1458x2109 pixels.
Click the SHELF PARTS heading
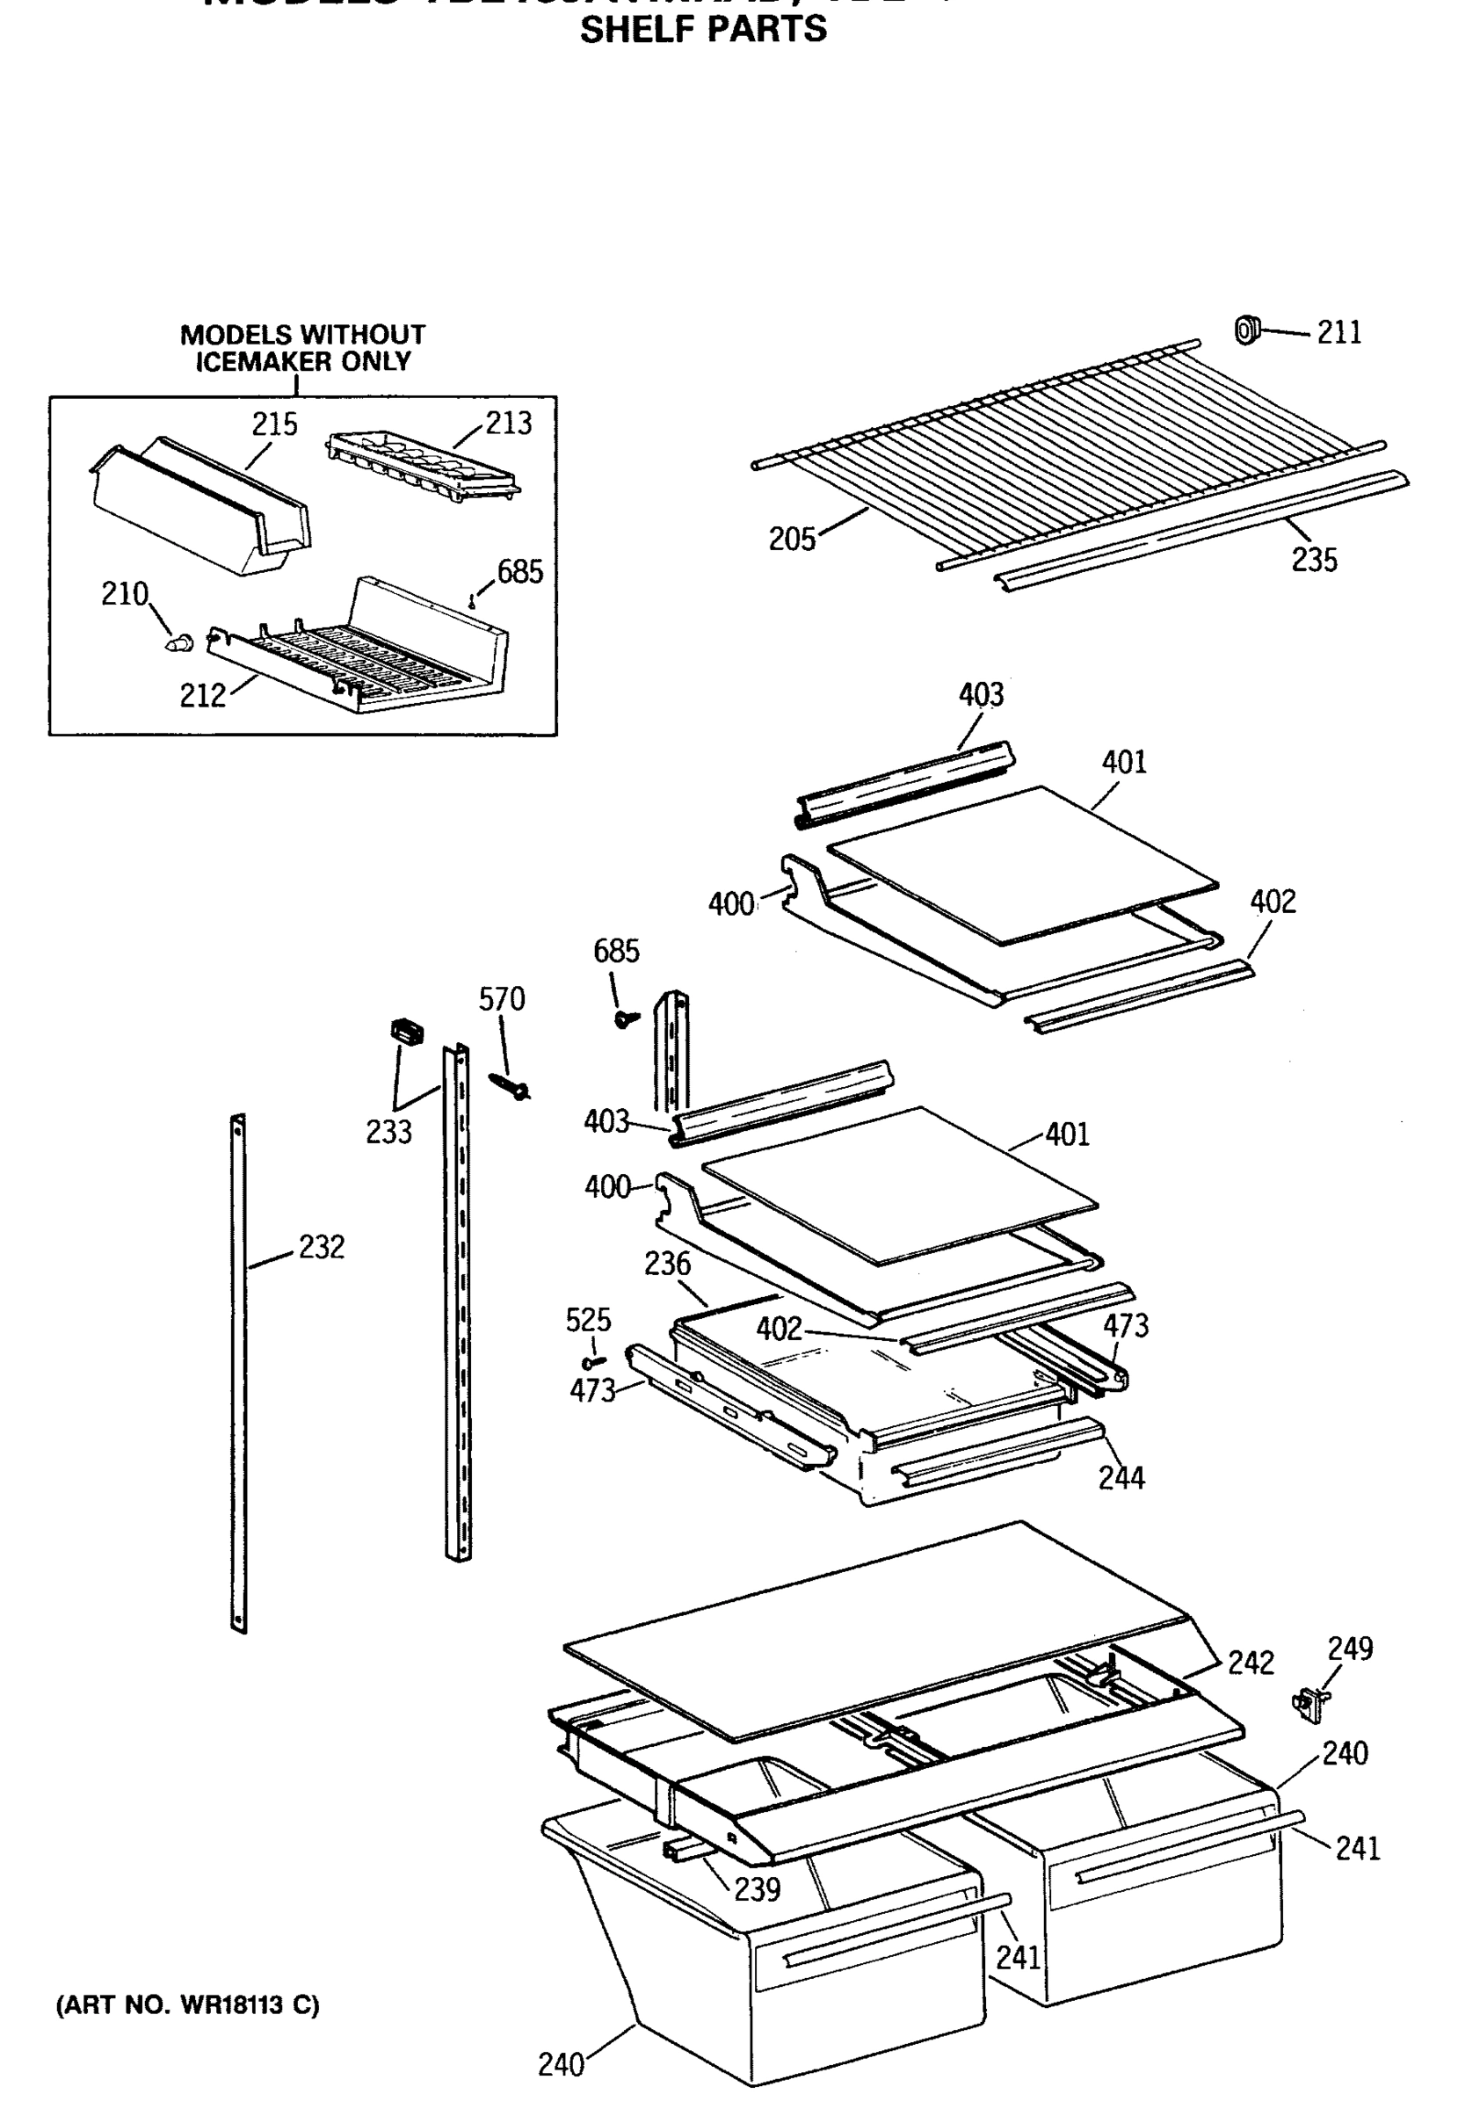[702, 29]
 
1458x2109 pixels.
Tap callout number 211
[1338, 332]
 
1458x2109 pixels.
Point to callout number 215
[274, 424]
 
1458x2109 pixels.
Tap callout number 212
[202, 696]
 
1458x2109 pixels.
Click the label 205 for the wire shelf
[791, 540]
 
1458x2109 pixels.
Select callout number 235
[1314, 560]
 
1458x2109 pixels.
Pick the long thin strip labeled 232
[238, 1370]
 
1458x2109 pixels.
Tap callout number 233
[388, 1132]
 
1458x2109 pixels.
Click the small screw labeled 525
[596, 1363]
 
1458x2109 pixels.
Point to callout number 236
[667, 1265]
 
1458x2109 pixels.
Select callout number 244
[1121, 1477]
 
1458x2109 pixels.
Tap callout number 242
[1250, 1663]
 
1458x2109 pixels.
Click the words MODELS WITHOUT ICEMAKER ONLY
[302, 348]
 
